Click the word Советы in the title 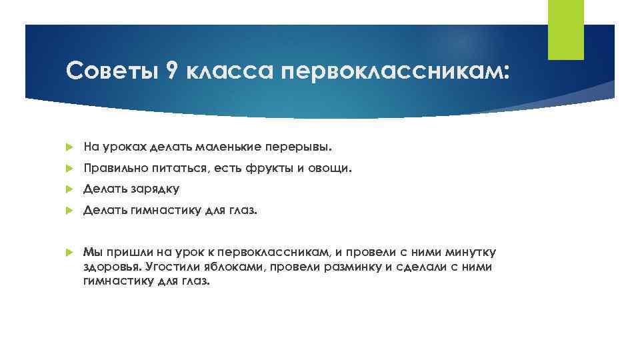(111, 70)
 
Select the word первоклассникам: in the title (398, 71)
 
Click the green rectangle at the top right (565, 29)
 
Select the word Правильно (112, 169)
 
